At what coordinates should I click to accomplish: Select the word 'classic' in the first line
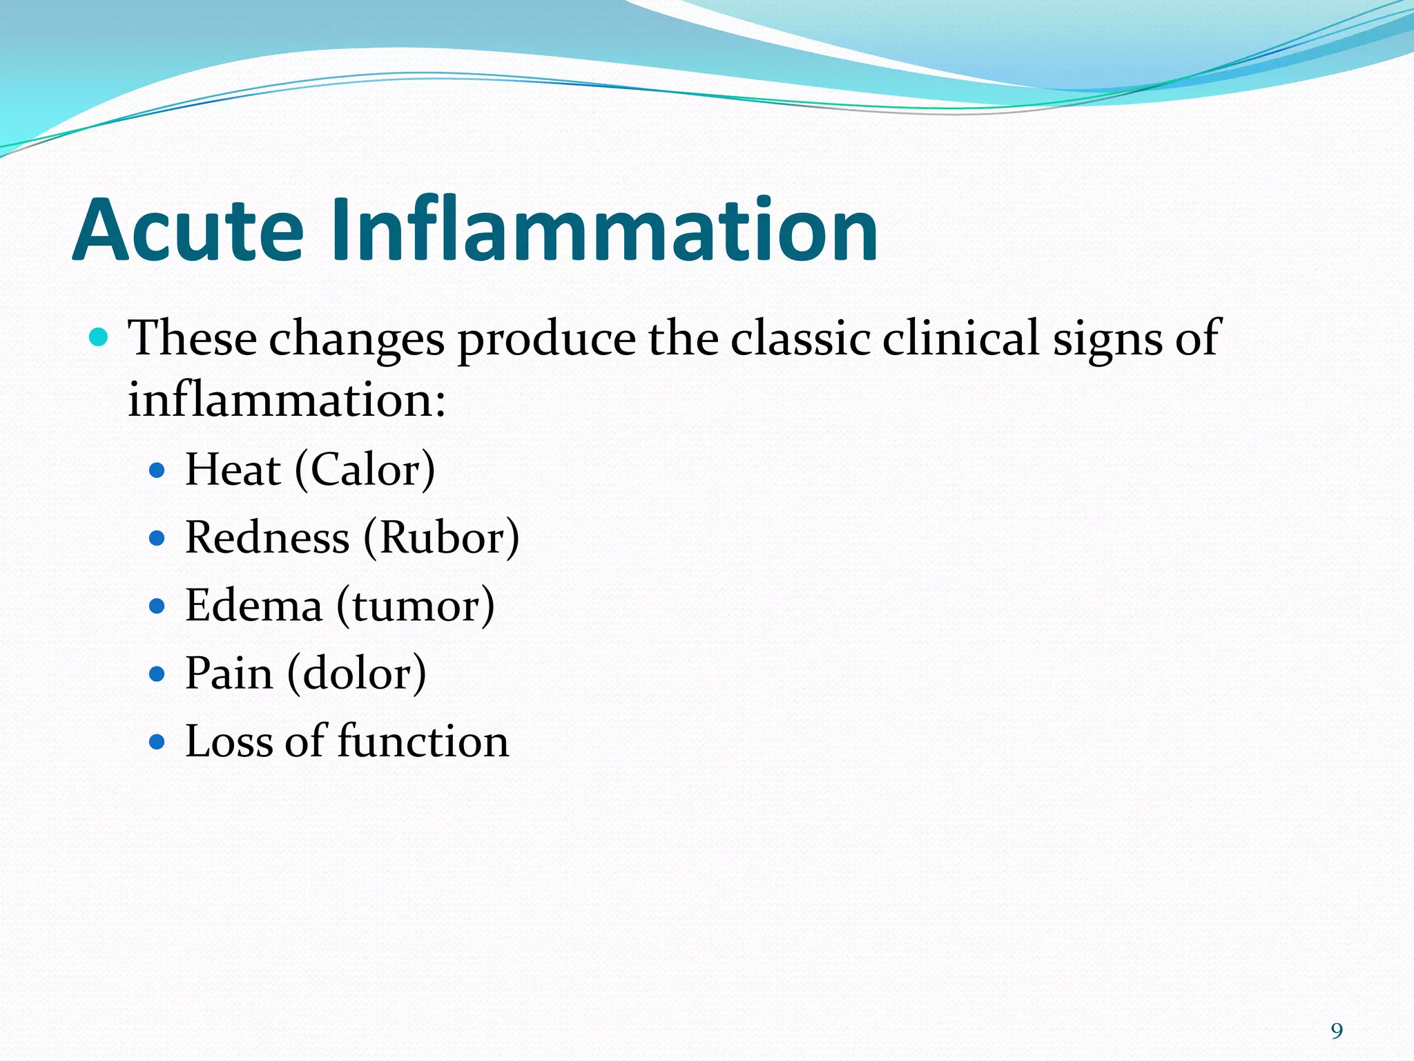click(x=801, y=338)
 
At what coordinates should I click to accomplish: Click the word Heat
click(x=233, y=470)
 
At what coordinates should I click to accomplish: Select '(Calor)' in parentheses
click(x=365, y=470)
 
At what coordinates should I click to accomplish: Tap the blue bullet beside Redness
click(x=157, y=538)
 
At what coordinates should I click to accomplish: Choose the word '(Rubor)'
click(x=441, y=537)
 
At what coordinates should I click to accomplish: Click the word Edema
click(x=253, y=606)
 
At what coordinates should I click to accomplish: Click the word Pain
click(x=229, y=673)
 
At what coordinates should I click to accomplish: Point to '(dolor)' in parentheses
click(x=356, y=673)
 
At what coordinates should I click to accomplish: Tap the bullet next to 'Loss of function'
click(x=157, y=742)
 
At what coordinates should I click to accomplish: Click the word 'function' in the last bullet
click(x=423, y=741)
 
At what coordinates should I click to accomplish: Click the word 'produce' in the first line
click(x=546, y=338)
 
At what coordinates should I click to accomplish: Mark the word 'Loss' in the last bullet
click(x=229, y=741)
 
